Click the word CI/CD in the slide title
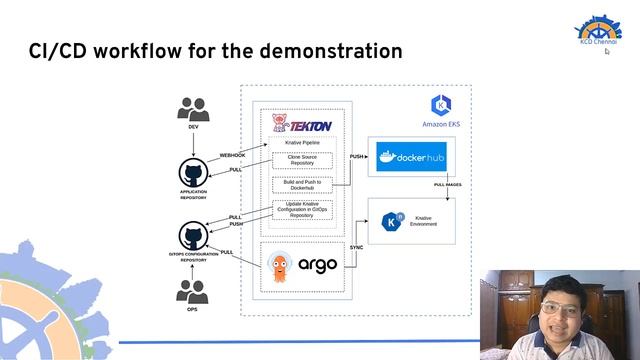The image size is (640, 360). [x=58, y=49]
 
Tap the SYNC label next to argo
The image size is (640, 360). [x=355, y=246]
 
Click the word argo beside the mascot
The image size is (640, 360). [x=318, y=266]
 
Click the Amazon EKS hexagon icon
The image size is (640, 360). [x=440, y=105]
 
